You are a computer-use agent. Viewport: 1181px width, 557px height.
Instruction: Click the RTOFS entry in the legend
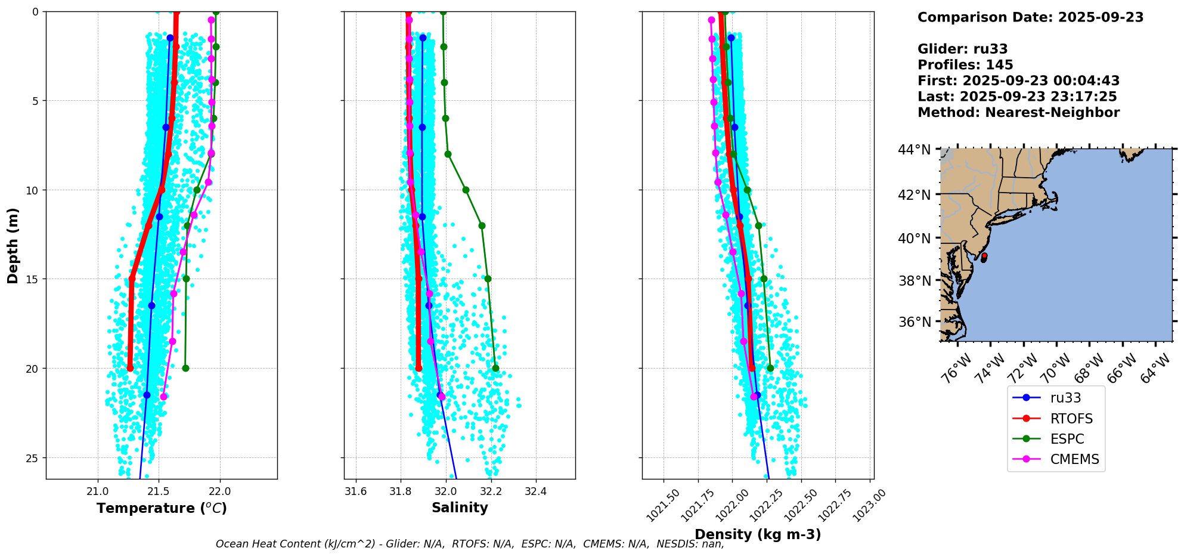coord(1071,419)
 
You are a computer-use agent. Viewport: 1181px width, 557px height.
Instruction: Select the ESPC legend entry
coord(1067,439)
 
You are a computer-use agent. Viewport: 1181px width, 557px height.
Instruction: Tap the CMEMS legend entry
coord(1074,459)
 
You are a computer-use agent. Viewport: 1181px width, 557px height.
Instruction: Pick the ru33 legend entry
coord(1065,398)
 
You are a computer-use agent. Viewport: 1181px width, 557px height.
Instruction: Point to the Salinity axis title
coord(460,508)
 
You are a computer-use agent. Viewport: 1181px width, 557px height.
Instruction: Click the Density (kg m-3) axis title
coord(758,534)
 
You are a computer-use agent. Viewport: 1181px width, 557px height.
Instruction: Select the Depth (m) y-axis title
coord(13,246)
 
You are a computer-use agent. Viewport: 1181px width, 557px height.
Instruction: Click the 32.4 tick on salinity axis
coord(535,492)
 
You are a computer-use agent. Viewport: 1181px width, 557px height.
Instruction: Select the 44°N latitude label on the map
coord(915,150)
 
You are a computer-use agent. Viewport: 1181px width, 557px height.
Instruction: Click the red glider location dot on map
coord(984,256)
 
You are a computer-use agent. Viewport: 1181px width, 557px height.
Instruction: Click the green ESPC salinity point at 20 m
coord(495,369)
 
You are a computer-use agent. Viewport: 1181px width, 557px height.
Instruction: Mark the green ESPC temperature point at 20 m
coord(185,369)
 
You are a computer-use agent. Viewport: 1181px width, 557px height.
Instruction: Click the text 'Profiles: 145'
coord(965,65)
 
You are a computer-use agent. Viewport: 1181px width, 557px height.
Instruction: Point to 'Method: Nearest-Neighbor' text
coord(1018,113)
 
